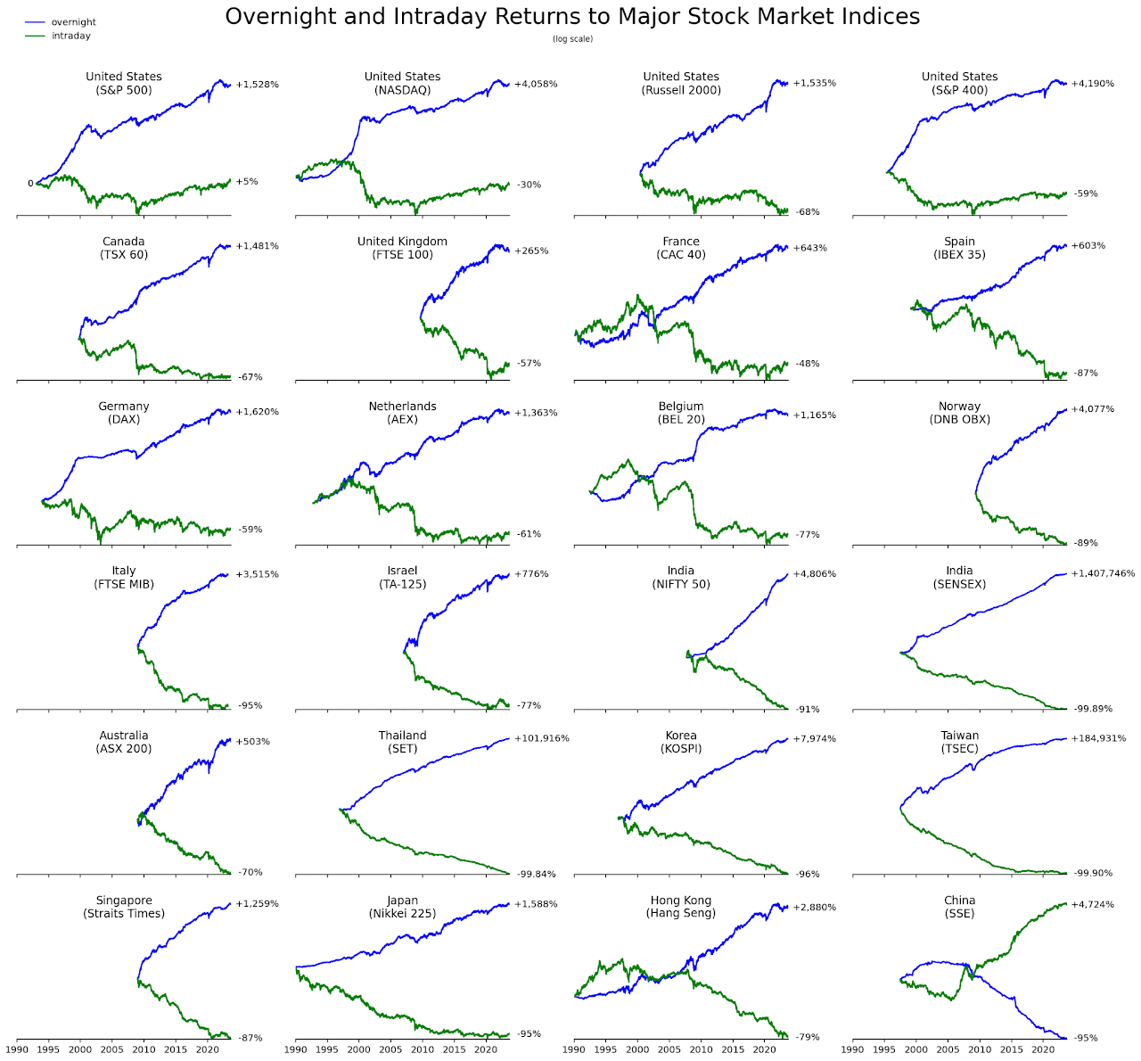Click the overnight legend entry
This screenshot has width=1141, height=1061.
[73, 22]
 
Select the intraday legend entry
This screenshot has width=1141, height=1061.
[71, 36]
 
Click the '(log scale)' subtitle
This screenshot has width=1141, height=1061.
[572, 39]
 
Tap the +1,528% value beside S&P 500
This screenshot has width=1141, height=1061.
[257, 85]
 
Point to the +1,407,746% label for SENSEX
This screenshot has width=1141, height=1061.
[1103, 574]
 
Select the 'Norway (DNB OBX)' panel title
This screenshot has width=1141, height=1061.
[959, 413]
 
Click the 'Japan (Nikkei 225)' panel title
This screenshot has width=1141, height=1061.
[402, 907]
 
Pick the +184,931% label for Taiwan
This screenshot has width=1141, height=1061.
[1098, 738]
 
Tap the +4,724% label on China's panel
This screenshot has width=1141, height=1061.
[1092, 905]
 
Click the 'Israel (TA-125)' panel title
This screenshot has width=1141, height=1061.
[402, 577]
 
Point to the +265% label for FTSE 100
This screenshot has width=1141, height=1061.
[531, 251]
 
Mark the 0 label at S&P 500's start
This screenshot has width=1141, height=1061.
[30, 184]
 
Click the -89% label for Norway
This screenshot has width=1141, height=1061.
[1086, 543]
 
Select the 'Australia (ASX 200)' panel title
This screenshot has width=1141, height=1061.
[124, 742]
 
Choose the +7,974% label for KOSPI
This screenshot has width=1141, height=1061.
[814, 738]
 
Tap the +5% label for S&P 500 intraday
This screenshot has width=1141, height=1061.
[247, 182]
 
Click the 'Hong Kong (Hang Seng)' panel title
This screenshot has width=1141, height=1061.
[681, 907]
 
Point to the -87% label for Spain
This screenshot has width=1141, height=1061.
[1086, 374]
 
